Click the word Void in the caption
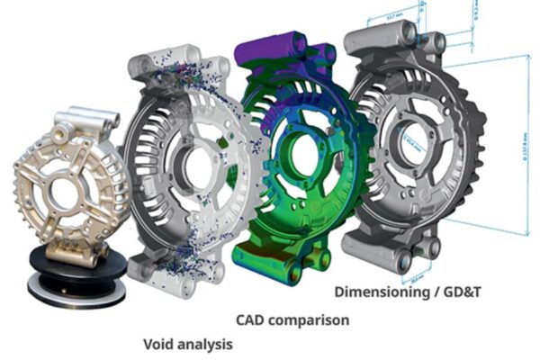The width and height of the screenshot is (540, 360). pyautogui.click(x=161, y=344)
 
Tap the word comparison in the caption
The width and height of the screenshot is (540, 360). pyautogui.click(x=310, y=319)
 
